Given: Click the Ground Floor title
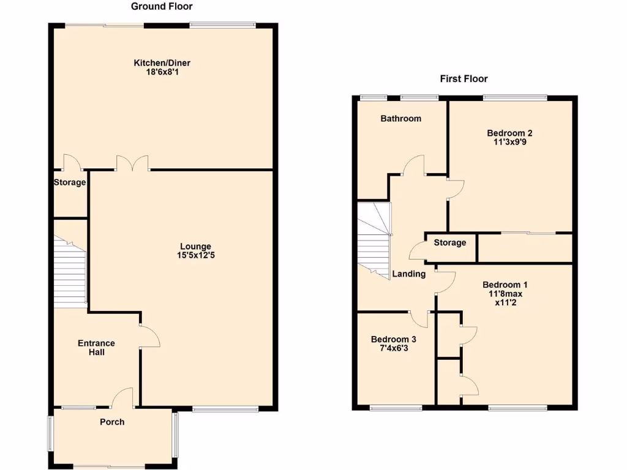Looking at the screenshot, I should click(162, 7).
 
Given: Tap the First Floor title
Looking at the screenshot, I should click(464, 79).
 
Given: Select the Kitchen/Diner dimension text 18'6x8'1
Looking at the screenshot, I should click(158, 72).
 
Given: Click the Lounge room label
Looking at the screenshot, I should click(195, 247).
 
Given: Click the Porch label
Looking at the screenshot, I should click(112, 422).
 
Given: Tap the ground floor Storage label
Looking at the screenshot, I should click(70, 182).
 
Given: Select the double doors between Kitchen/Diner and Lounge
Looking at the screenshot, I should click(133, 162).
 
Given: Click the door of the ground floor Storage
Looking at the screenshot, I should click(72, 162).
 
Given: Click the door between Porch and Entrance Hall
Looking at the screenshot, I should click(123, 398).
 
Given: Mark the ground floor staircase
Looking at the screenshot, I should click(69, 272).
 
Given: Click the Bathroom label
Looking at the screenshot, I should click(401, 119).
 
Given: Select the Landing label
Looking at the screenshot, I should click(409, 274).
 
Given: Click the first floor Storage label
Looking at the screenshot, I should click(450, 243).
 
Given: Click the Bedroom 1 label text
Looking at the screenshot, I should click(505, 285).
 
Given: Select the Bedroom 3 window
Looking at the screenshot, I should click(395, 407).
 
